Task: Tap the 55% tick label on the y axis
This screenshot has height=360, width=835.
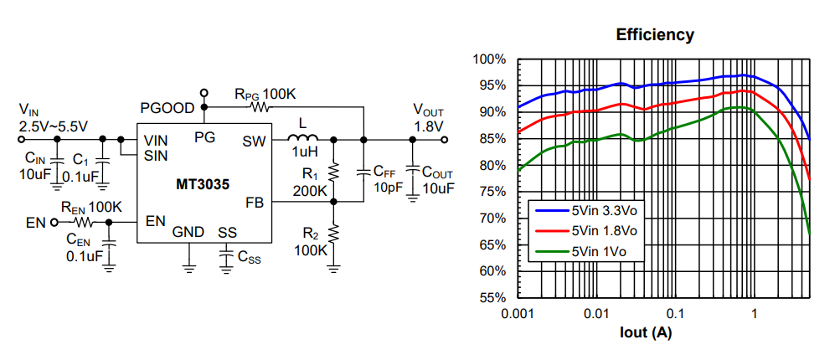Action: [x=492, y=298]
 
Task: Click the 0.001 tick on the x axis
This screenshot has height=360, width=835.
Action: [x=518, y=313]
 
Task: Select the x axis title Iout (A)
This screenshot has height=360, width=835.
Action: [x=646, y=332]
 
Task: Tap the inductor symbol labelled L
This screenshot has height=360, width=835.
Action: [x=302, y=139]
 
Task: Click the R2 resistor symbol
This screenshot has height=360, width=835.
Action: [x=333, y=234]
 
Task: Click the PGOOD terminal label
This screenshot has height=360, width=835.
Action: [x=167, y=108]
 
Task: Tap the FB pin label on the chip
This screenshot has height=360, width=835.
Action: [x=255, y=203]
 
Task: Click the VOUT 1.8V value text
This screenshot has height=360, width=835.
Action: [x=429, y=126]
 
